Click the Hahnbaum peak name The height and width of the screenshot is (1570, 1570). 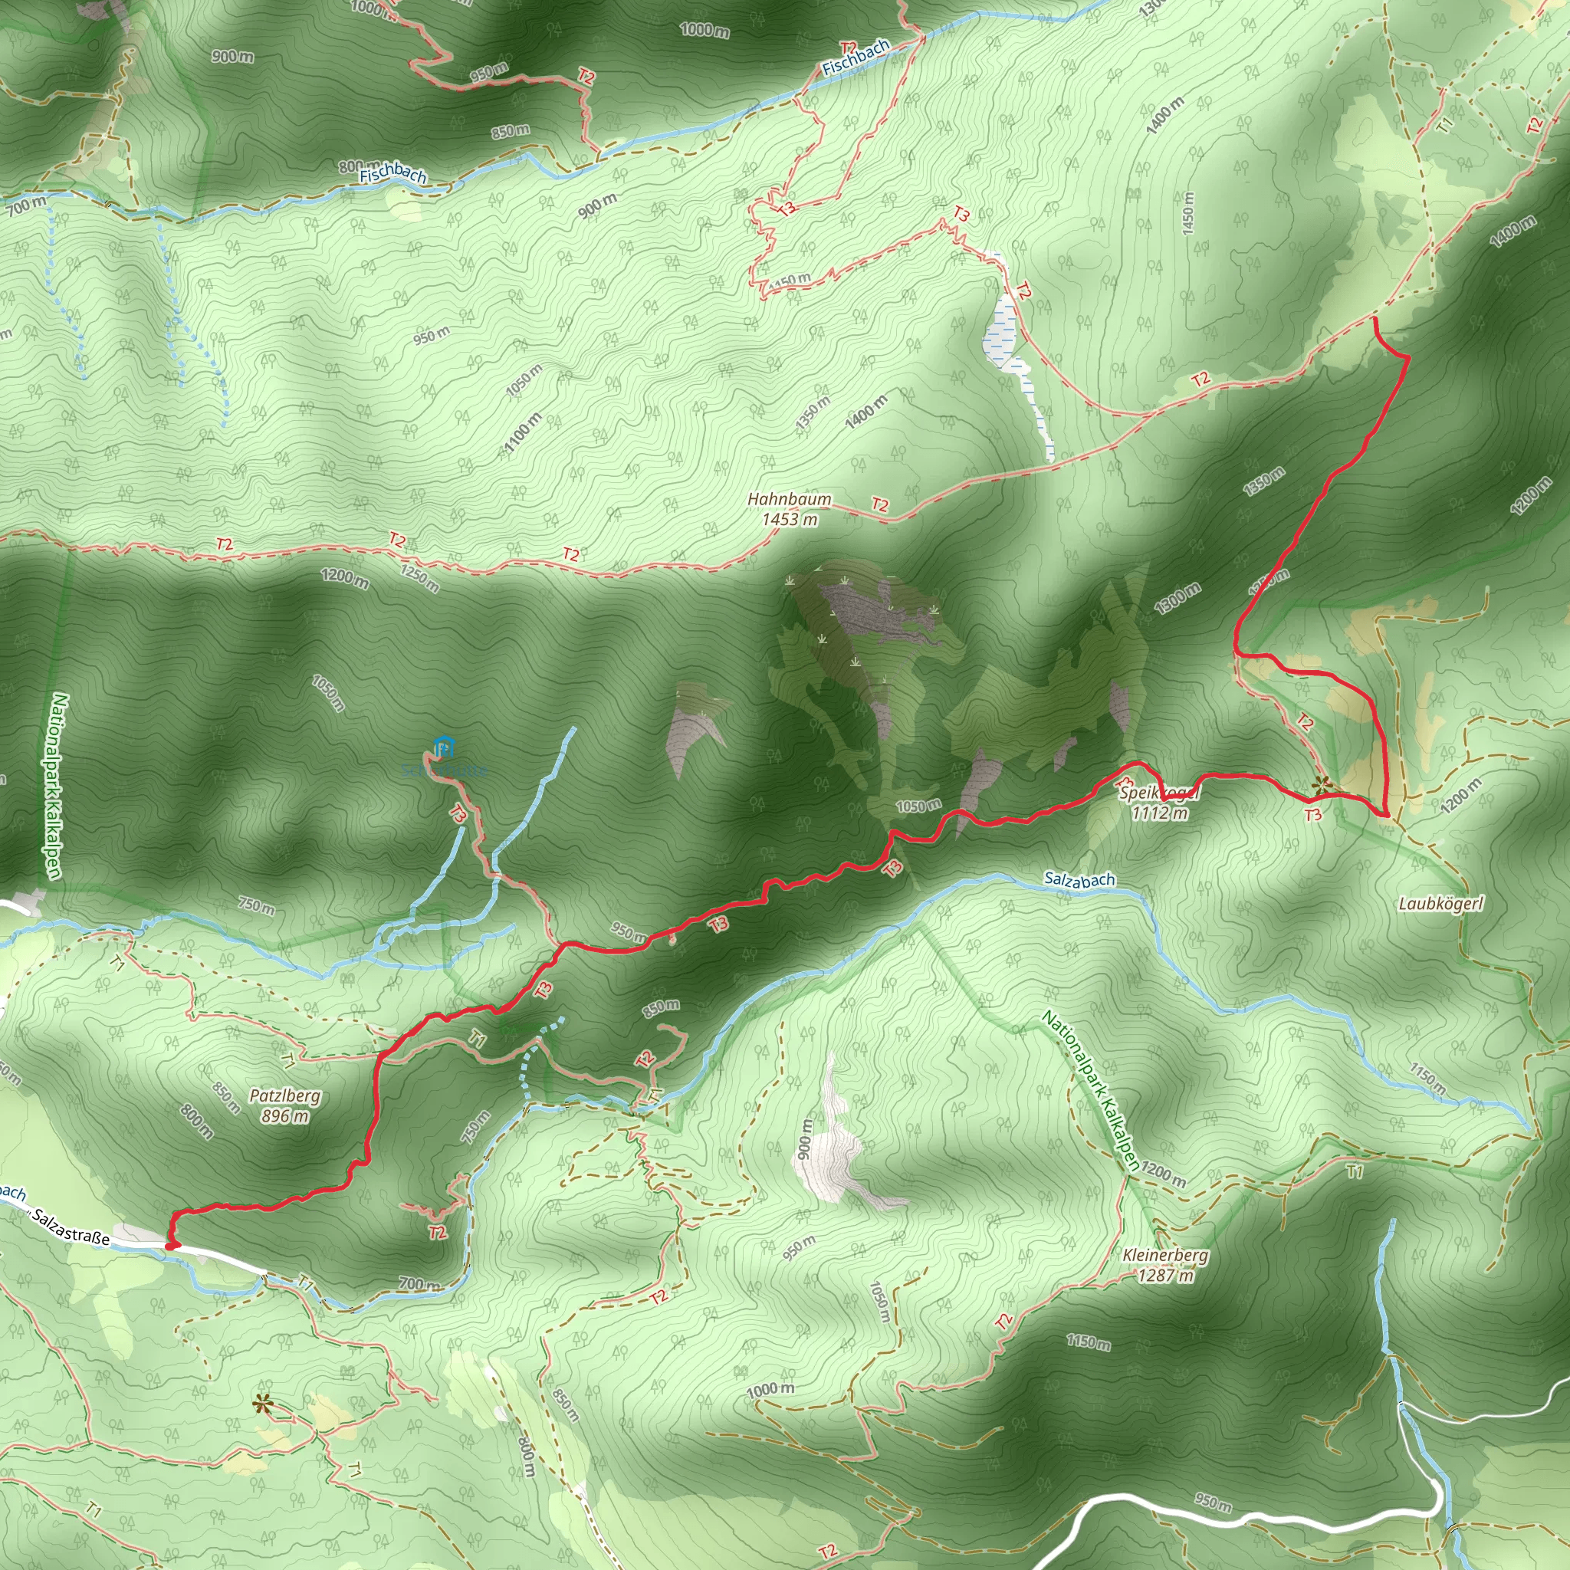click(x=789, y=499)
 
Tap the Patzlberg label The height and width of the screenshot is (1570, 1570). click(x=284, y=1095)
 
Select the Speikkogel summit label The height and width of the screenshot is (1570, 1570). click(x=1159, y=793)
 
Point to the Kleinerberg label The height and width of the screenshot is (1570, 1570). click(x=1165, y=1255)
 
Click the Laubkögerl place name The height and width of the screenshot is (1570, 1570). click(x=1440, y=904)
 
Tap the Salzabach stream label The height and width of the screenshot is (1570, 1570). click(x=1079, y=879)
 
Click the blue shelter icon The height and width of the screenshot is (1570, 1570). click(x=443, y=746)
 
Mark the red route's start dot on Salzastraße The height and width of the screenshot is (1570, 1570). click(x=171, y=1245)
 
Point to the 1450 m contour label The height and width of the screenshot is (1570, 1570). click(x=1188, y=214)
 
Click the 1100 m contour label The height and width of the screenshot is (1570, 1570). click(x=522, y=432)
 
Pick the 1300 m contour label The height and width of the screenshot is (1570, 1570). click(x=1177, y=598)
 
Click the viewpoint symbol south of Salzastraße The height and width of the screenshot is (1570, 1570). click(x=261, y=1403)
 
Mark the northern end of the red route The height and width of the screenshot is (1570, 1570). click(x=1375, y=319)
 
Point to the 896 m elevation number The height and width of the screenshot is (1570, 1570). click(x=284, y=1115)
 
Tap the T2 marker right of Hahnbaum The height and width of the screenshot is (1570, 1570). click(x=880, y=504)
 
